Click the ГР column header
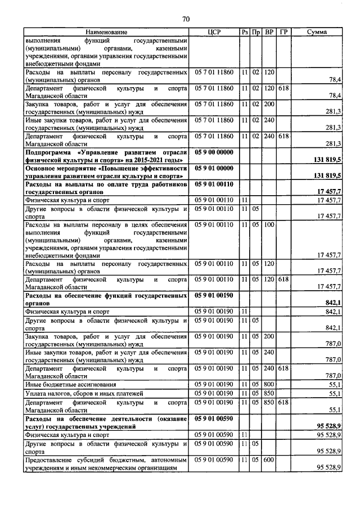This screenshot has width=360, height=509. [x=283, y=33]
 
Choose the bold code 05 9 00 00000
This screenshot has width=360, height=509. [x=213, y=152]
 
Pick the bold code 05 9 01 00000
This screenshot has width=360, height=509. [x=213, y=168]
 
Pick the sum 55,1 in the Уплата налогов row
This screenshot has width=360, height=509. [x=335, y=393]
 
